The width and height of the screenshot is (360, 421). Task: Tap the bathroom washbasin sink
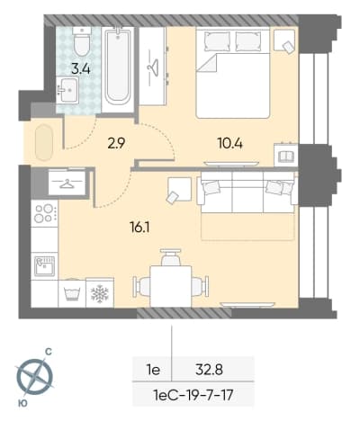tap(67, 90)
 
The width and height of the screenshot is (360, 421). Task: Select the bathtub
tap(118, 66)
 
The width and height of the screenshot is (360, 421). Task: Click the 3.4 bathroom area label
tap(81, 68)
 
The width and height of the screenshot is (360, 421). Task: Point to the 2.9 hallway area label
tap(116, 144)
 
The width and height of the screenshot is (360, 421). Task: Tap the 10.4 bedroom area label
tap(230, 144)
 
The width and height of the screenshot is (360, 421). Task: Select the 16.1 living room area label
tap(139, 228)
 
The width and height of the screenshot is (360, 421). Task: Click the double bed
tap(233, 72)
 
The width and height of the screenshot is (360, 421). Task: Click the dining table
tap(171, 286)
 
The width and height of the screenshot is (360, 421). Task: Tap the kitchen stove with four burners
tap(44, 213)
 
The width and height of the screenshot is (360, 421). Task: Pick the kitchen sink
tap(44, 266)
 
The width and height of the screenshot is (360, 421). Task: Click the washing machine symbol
tap(72, 292)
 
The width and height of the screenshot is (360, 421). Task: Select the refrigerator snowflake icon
tap(100, 293)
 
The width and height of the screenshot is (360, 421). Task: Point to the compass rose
tap(34, 376)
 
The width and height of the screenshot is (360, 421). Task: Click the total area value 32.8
tap(209, 370)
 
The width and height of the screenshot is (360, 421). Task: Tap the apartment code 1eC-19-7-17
tap(193, 395)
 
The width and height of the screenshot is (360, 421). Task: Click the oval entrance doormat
tap(44, 142)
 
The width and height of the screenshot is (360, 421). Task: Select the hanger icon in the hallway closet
tap(67, 184)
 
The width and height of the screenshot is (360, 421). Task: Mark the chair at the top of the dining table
tap(171, 257)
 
